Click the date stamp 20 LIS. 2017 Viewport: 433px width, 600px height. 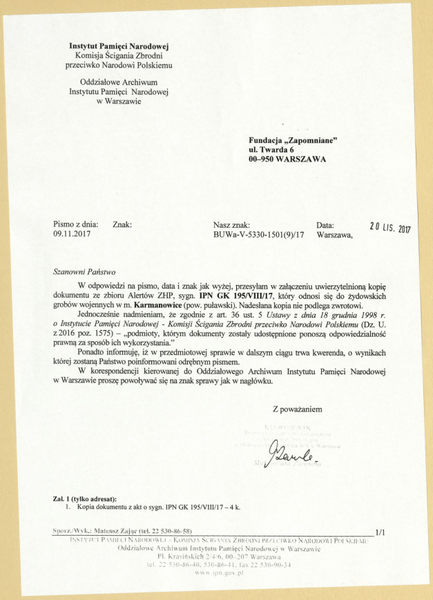pos(389,227)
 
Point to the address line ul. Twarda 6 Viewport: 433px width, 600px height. pos(271,149)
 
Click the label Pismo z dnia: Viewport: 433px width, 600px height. pos(76,224)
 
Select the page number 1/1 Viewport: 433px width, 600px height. pos(379,531)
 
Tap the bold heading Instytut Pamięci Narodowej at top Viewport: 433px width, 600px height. pos(119,46)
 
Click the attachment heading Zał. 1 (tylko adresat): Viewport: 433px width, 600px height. pos(84,499)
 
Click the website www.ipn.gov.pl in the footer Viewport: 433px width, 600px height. pos(216,573)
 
